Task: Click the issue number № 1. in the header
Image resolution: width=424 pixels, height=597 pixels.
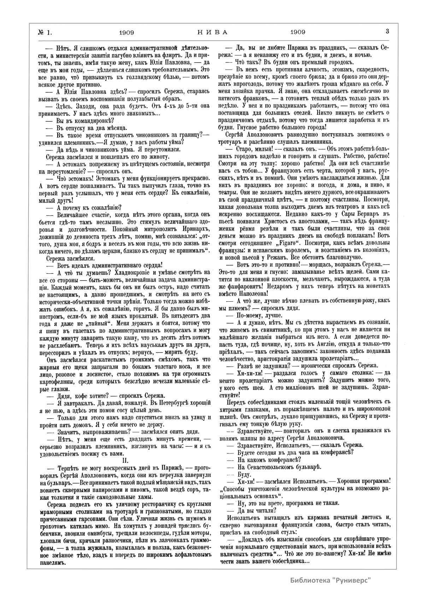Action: tap(45, 32)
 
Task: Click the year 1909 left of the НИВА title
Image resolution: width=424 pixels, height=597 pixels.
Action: tap(126, 32)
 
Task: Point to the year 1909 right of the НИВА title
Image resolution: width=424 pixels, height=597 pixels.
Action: tap(298, 32)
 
